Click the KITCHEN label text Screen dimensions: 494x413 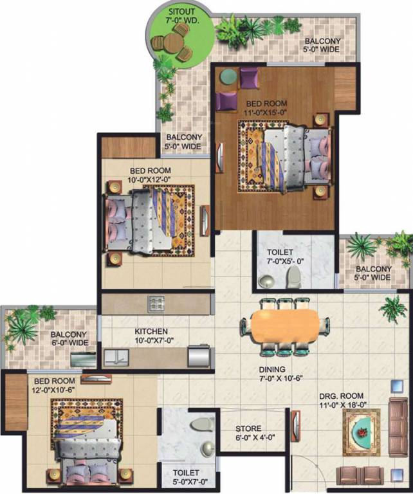coord(152,331)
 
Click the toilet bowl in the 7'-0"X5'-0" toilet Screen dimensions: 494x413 coord(293,276)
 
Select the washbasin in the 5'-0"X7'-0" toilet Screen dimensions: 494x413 coord(207,448)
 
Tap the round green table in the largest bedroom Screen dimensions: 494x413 coord(228,77)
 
